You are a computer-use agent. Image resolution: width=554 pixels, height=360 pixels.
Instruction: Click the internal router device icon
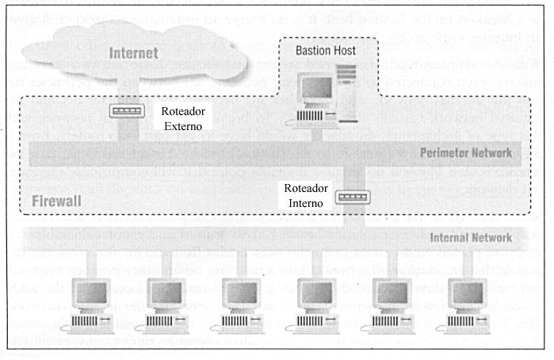[x=346, y=195]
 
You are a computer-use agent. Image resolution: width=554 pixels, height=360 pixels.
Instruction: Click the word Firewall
[x=56, y=202]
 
